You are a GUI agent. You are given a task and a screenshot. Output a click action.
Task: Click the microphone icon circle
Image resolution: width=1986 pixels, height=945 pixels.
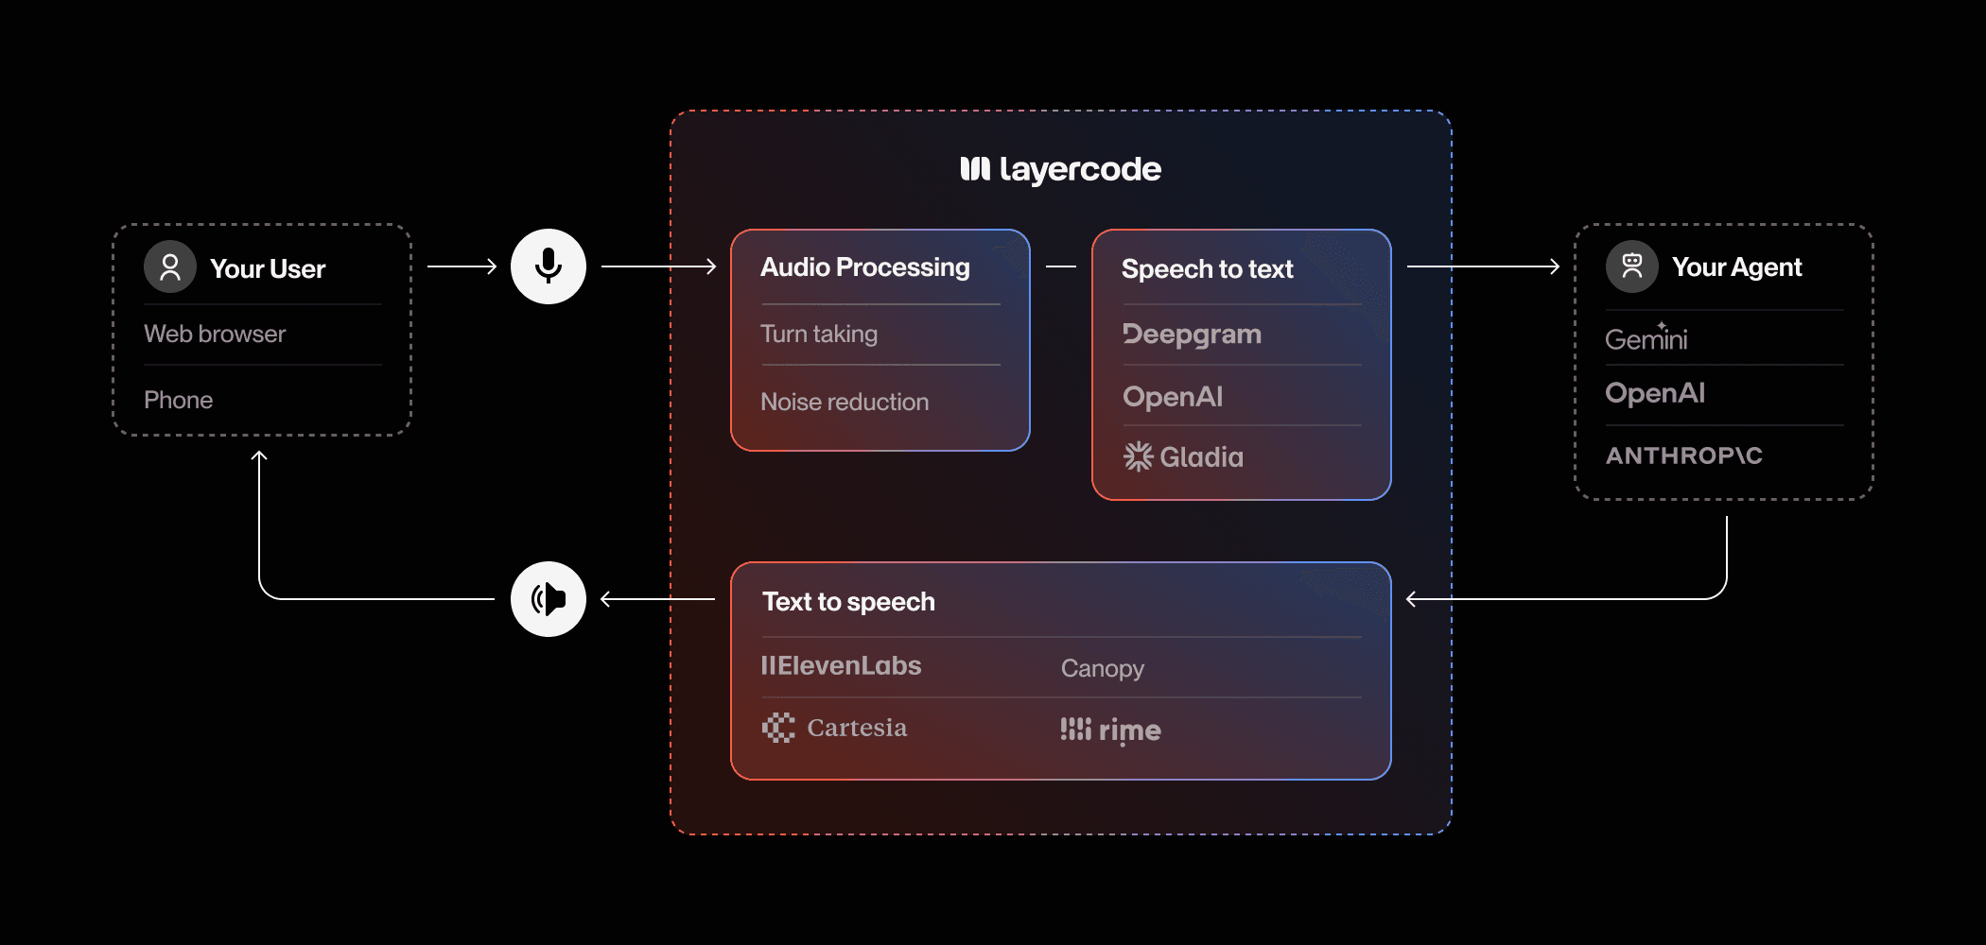pyautogui.click(x=549, y=266)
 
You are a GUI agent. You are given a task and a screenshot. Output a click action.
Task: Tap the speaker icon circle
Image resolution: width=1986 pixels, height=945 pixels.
pyautogui.click(x=549, y=599)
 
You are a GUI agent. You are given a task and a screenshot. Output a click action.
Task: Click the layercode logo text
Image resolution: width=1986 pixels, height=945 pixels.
pyautogui.click(x=1060, y=170)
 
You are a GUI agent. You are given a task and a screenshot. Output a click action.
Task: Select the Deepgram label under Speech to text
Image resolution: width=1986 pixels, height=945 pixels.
pyautogui.click(x=1192, y=335)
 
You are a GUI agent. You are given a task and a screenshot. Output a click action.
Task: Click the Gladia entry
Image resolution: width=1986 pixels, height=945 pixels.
pyautogui.click(x=1183, y=457)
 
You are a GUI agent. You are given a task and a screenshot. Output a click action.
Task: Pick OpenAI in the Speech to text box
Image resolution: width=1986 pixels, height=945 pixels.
pyautogui.click(x=1173, y=396)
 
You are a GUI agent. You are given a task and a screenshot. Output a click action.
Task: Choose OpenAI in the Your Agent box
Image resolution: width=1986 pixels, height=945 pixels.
pyautogui.click(x=1655, y=393)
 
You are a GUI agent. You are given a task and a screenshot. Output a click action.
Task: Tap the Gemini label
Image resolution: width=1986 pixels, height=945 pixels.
pyautogui.click(x=1646, y=337)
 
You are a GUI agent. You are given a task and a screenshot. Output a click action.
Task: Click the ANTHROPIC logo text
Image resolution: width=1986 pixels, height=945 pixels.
pyautogui.click(x=1684, y=455)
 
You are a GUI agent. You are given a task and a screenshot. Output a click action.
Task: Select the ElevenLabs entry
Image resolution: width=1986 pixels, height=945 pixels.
pyautogui.click(x=841, y=665)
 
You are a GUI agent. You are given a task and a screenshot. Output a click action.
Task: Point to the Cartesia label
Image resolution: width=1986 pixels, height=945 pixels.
pyautogui.click(x=834, y=728)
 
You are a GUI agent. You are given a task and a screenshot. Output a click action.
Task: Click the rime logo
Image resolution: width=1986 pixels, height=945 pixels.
pyautogui.click(x=1110, y=730)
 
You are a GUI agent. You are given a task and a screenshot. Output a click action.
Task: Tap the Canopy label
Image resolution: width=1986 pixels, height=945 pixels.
pyautogui.click(x=1103, y=668)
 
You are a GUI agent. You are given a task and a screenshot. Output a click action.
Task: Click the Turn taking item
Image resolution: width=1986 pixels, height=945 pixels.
pyautogui.click(x=819, y=334)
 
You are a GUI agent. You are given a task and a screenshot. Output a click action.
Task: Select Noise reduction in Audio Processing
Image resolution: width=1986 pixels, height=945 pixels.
pyautogui.click(x=845, y=402)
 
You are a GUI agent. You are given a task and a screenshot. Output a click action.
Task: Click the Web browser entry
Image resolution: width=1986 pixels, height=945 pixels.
pyautogui.click(x=215, y=334)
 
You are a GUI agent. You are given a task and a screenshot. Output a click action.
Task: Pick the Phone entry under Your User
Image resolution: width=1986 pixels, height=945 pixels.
pyautogui.click(x=178, y=400)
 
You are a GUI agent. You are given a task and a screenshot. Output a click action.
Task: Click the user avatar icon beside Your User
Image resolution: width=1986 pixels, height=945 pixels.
pyautogui.click(x=170, y=266)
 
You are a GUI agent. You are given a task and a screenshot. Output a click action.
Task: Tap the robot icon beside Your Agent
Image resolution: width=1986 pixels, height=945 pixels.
pyautogui.click(x=1632, y=266)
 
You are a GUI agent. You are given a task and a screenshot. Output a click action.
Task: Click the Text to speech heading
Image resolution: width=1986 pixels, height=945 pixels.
pyautogui.click(x=848, y=602)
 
